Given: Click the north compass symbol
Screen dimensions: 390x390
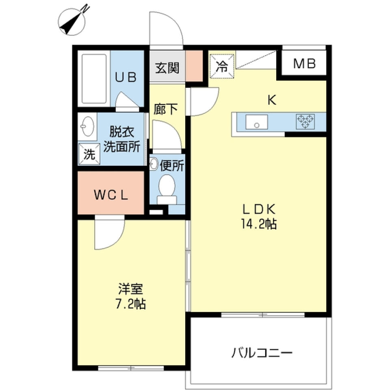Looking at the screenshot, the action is coord(71,22).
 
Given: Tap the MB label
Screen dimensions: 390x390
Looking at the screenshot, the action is coord(304,63).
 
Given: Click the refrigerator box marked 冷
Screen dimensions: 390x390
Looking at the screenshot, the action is coord(222,66).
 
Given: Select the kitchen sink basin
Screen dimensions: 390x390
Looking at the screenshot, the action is coord(256,122).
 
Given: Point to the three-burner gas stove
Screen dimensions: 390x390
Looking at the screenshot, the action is coord(305,121).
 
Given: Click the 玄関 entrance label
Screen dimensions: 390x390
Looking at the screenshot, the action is coord(167,68).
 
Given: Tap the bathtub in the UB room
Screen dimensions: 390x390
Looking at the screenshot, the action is coord(94,78).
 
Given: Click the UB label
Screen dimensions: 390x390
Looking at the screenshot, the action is coord(126,77).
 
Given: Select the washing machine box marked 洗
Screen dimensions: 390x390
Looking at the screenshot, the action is coord(89,154).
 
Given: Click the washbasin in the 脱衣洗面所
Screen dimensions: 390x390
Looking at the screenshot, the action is coord(88,126).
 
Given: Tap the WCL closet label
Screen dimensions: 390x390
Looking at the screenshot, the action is coord(111,195).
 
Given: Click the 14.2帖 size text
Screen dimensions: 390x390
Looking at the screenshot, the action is coord(258,223).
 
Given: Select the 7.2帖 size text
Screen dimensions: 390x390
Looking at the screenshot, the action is coord(130,304).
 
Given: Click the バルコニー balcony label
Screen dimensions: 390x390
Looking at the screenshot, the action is coord(262,353).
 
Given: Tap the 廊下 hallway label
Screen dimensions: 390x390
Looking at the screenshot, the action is coord(166,109).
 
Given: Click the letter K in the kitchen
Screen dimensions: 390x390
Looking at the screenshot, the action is coord(272,100).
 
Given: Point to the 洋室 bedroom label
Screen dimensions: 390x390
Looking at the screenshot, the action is coord(130,289).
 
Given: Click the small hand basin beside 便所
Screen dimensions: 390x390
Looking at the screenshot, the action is coord(154,164).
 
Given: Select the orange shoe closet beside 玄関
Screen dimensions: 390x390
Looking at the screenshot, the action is coord(194,66).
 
